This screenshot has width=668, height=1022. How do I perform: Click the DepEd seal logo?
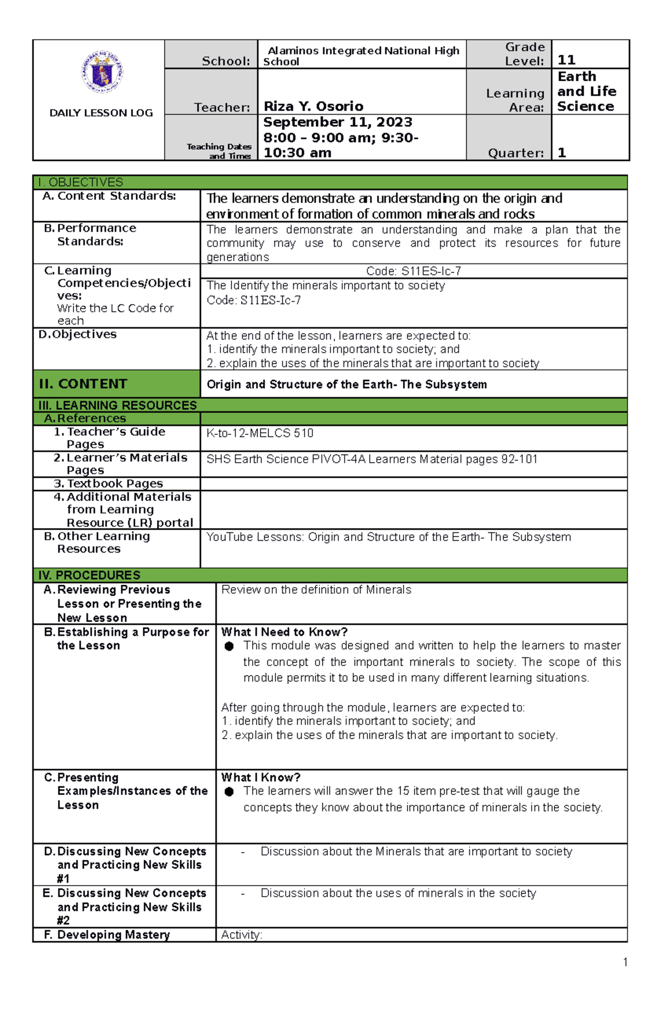pyautogui.click(x=102, y=72)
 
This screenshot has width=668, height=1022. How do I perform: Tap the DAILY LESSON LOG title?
pyautogui.click(x=101, y=113)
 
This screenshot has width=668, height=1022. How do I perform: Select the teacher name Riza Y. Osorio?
pyautogui.click(x=313, y=106)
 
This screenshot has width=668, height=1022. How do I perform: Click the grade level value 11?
pyautogui.click(x=567, y=60)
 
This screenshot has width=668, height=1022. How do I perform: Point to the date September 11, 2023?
pyautogui.click(x=338, y=123)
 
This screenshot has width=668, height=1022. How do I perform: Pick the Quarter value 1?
pyautogui.click(x=562, y=153)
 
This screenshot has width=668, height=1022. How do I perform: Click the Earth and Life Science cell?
pyautogui.click(x=587, y=91)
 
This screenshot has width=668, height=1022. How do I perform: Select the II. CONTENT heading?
pyautogui.click(x=83, y=384)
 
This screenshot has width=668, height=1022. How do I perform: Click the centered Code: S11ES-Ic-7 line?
pyautogui.click(x=414, y=271)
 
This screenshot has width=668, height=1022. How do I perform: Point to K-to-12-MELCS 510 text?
pyautogui.click(x=260, y=433)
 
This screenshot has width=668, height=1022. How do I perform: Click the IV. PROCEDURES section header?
pyautogui.click(x=89, y=575)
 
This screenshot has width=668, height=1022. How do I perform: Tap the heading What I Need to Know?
pyautogui.click(x=284, y=632)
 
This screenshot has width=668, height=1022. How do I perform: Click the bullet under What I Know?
pyautogui.click(x=229, y=792)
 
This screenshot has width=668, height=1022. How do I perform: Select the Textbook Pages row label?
pyautogui.click(x=115, y=483)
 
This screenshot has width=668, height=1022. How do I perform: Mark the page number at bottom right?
pyautogui.click(x=626, y=962)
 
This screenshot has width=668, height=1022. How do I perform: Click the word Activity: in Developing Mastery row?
pyautogui.click(x=242, y=935)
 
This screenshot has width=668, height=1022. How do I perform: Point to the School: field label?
pyautogui.click(x=226, y=61)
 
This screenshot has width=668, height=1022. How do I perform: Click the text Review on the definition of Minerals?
pyautogui.click(x=316, y=590)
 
